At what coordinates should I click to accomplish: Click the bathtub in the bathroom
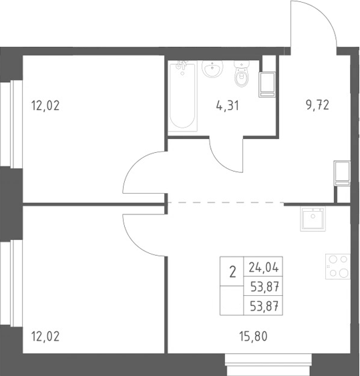point(182,96)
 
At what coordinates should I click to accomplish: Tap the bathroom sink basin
point(212,69)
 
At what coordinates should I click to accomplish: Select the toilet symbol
point(242,73)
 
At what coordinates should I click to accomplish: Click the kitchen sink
point(313,219)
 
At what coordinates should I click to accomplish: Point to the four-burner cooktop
point(337,266)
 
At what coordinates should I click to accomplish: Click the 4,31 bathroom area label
point(227,106)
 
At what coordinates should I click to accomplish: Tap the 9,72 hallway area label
point(317,105)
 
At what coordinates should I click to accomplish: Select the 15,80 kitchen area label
point(253,336)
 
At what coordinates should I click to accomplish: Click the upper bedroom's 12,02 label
point(45,106)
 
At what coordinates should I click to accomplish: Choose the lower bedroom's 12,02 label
point(45,336)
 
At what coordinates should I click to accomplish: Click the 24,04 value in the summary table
point(264,267)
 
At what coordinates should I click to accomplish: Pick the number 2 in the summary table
point(232,272)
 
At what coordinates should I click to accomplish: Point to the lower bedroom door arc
point(134,244)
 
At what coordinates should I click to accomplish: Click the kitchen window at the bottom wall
point(268,365)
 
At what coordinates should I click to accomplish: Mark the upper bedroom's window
point(11,124)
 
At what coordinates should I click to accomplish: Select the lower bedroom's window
point(11,283)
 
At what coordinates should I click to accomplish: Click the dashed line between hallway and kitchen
point(226,202)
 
